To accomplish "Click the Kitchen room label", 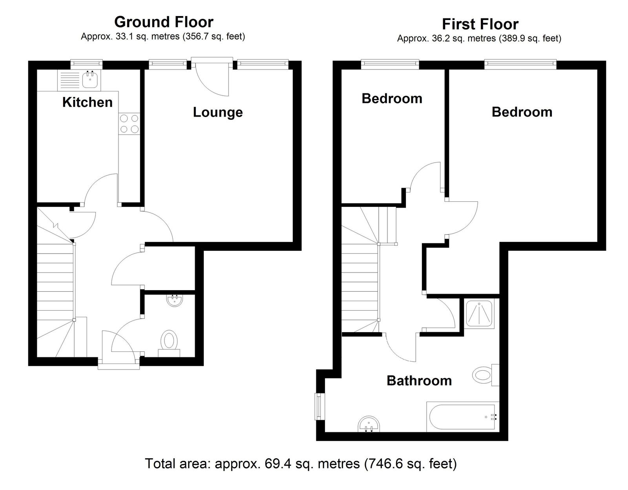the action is (87, 102).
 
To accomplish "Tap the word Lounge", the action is (218, 112).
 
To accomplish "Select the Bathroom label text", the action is (419, 381).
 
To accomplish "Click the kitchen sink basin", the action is (90, 79).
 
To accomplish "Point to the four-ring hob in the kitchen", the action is (129, 123).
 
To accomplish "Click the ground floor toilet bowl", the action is (169, 340).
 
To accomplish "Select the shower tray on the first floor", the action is (479, 314).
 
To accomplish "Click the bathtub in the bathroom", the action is (463, 417).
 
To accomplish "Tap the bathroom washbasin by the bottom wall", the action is (369, 424).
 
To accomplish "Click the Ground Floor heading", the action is (164, 22).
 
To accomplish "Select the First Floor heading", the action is (480, 24).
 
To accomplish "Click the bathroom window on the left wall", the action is (319, 406).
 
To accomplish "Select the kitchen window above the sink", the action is (87, 64).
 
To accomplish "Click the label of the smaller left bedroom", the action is (392, 99).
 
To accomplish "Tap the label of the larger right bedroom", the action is (522, 112).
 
